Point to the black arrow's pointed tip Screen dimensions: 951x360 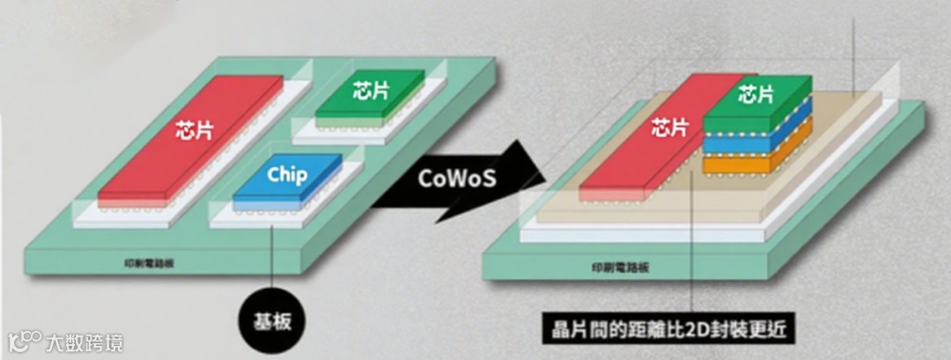(544, 172)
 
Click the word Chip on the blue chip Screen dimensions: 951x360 (287, 174)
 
